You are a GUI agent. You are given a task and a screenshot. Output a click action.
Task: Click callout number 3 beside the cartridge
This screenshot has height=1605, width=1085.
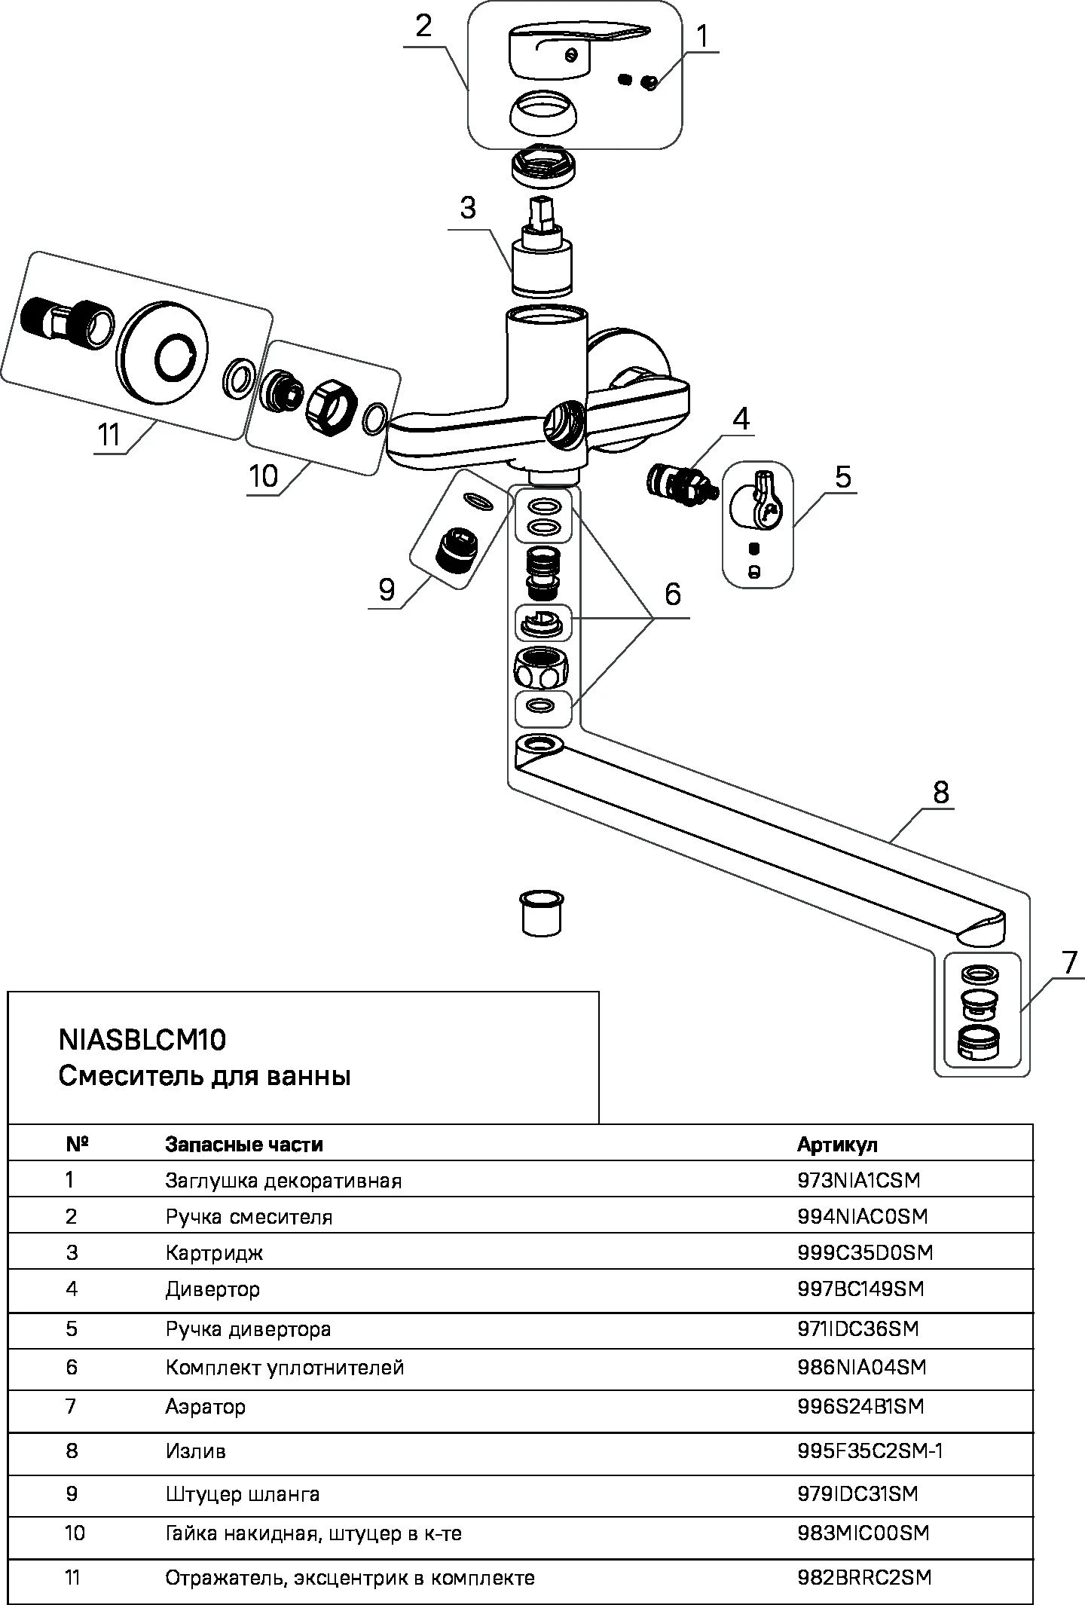tap(468, 208)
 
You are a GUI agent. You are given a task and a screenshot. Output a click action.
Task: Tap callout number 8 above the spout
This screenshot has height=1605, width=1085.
tap(940, 792)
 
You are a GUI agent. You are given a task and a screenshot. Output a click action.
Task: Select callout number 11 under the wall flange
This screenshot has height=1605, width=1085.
tap(109, 435)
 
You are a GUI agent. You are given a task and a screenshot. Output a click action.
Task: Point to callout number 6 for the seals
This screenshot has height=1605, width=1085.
tap(672, 594)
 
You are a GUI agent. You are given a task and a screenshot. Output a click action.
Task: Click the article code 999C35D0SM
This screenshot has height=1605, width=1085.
tap(865, 1252)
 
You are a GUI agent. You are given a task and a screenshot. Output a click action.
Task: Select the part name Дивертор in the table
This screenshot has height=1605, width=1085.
tap(212, 1289)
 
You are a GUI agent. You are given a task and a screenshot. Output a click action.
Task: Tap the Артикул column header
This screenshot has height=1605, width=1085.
tap(837, 1145)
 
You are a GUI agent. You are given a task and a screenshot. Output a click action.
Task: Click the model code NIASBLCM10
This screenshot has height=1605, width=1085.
tap(142, 1040)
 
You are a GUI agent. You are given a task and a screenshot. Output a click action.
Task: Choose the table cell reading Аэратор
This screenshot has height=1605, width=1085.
tap(206, 1406)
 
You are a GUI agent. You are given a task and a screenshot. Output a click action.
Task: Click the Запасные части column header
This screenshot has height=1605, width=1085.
tap(244, 1145)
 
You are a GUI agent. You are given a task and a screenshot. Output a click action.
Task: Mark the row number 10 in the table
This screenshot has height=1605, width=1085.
tap(75, 1533)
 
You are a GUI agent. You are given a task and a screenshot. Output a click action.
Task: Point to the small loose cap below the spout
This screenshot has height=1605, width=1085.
tap(542, 913)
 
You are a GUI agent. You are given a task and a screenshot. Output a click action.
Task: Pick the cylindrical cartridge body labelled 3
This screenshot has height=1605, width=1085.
tap(542, 265)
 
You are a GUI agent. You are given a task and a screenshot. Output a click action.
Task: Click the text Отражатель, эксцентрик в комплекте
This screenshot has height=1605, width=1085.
tap(350, 1577)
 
